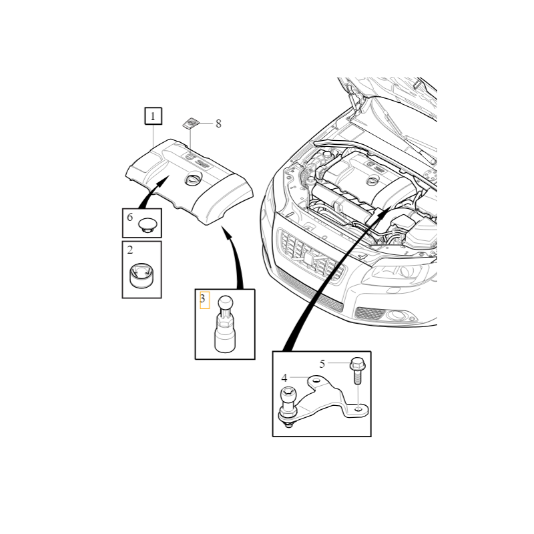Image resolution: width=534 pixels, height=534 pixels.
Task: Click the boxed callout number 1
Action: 154,116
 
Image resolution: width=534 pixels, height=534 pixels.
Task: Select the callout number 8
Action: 218,123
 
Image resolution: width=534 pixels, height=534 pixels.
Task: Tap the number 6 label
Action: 129,217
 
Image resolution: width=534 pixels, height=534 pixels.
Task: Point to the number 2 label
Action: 129,250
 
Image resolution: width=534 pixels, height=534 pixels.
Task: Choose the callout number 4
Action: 284,378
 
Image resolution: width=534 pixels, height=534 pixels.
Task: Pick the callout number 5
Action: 322,364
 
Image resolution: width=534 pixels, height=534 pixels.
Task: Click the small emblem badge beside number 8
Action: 190,123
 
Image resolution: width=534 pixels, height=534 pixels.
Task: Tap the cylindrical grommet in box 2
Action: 142,275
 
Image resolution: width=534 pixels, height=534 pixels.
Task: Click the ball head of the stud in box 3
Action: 225,302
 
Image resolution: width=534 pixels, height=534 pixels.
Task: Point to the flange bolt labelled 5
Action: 357,371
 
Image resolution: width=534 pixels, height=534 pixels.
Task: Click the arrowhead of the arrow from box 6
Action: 163,180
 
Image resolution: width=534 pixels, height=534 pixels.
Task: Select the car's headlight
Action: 400,272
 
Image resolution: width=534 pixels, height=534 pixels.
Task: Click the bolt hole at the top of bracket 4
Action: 316,380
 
